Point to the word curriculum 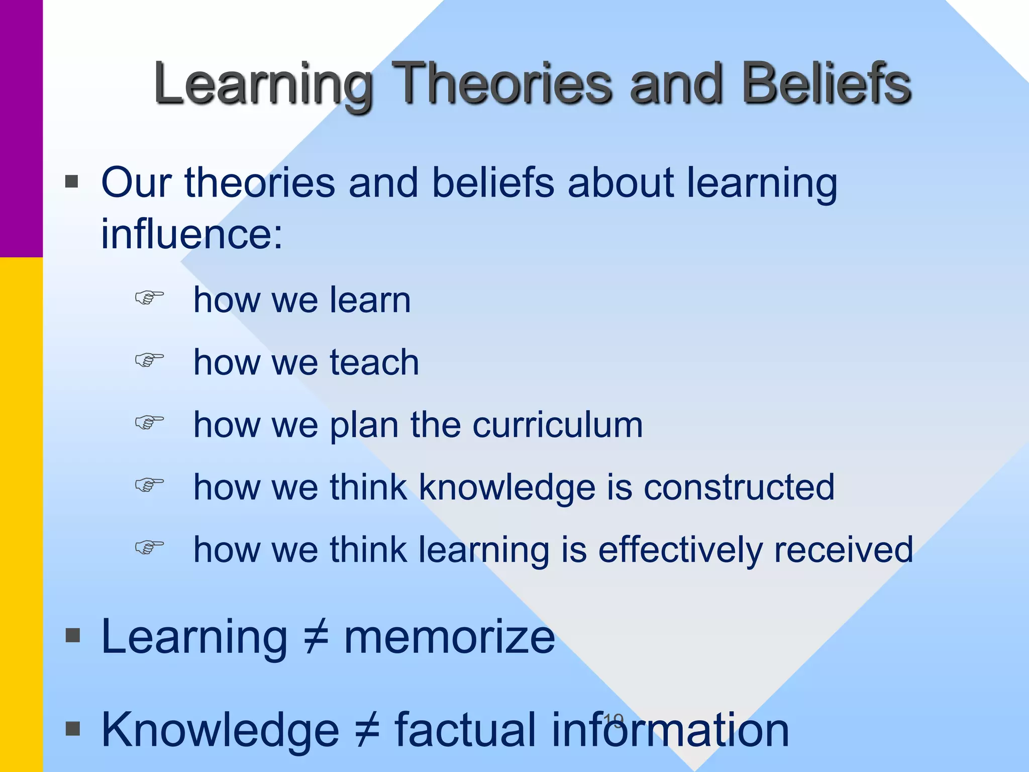557,425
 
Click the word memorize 449,637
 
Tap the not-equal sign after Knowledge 367,730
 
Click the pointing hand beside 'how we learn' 149,298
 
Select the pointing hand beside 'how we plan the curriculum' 149,423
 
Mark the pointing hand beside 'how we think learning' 149,547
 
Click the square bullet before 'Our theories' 72,181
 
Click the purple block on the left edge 21,128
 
